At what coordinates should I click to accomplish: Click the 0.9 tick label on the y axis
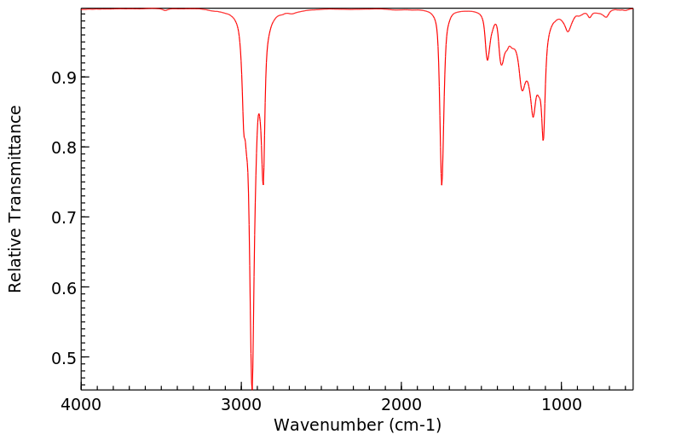[62, 78]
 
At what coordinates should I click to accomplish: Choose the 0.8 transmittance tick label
[62, 148]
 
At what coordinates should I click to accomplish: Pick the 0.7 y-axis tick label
[62, 217]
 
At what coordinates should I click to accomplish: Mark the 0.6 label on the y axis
[62, 287]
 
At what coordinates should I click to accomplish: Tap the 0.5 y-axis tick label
[62, 357]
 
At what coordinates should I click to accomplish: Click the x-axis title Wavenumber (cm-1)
[357, 424]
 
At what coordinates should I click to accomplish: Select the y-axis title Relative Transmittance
[15, 199]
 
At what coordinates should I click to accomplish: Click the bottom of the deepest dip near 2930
[251, 387]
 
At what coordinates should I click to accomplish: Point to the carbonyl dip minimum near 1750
[441, 184]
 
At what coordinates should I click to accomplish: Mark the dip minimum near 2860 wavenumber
[263, 184]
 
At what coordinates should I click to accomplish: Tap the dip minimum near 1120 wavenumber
[543, 140]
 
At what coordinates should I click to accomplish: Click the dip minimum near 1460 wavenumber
[488, 60]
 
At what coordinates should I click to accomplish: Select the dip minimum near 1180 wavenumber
[534, 117]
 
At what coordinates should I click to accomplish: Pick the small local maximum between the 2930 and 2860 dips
[259, 113]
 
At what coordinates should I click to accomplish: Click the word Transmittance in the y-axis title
[15, 166]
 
